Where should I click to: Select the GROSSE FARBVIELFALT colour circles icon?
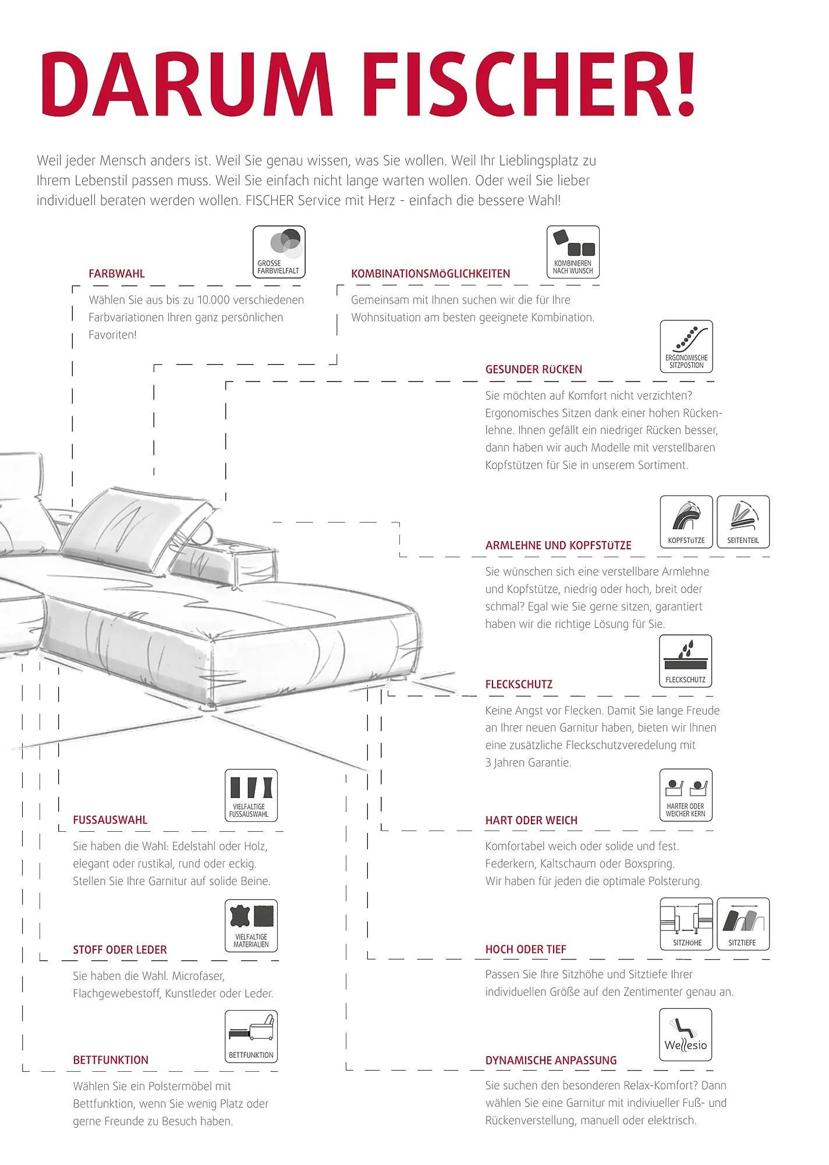[x=279, y=252]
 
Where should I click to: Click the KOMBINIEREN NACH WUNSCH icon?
[x=573, y=252]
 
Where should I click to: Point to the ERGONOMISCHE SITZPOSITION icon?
[x=686, y=346]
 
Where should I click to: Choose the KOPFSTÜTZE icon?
[x=686, y=522]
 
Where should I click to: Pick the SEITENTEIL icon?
[x=743, y=522]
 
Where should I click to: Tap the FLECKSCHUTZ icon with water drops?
[x=686, y=661]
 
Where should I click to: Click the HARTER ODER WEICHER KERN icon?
[x=686, y=795]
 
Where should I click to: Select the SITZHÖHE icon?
[x=686, y=924]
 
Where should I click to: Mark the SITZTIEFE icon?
[x=743, y=924]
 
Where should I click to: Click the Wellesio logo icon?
[x=686, y=1035]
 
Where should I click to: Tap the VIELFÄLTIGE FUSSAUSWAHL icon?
[x=251, y=795]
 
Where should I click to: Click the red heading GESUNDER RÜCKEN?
[x=533, y=369]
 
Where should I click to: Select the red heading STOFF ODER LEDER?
[x=120, y=950]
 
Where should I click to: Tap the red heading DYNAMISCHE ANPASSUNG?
[x=551, y=1061]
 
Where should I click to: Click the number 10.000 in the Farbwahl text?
[x=214, y=300]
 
